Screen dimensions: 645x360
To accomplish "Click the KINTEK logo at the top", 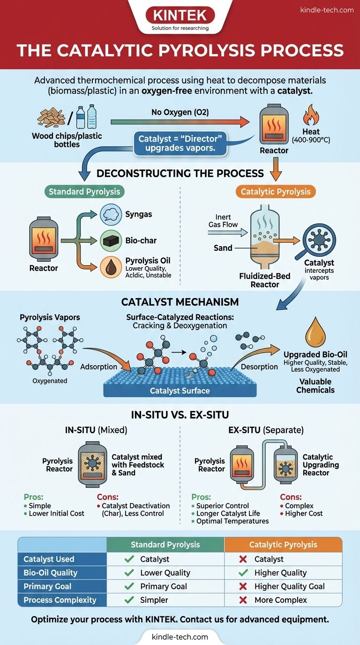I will tap(180, 15).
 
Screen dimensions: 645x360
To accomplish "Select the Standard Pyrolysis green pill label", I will tap(85, 191).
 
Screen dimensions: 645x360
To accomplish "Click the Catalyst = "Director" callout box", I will tap(180, 143).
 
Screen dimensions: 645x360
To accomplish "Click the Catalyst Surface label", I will tap(180, 390).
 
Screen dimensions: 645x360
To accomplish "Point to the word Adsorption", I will tap(98, 367).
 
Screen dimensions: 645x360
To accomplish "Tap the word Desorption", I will tap(259, 367).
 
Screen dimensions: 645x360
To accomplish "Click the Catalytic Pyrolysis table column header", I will tap(283, 544).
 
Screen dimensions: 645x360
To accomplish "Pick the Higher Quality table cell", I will tap(280, 572).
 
